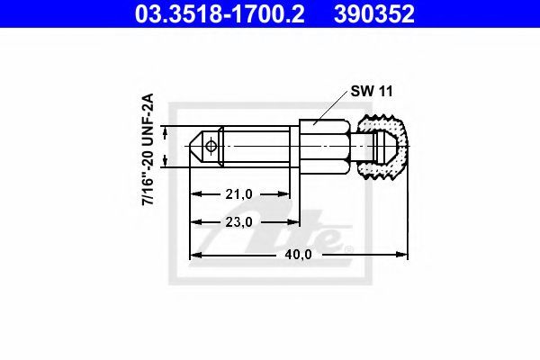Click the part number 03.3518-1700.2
click(220, 13)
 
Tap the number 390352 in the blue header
click(374, 13)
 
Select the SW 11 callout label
click(372, 91)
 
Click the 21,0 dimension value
click(239, 194)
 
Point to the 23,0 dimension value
click(239, 222)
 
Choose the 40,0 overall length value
click(298, 255)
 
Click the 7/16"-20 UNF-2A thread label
click(148, 149)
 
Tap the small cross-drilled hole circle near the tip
click(211, 146)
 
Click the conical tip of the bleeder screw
click(196, 147)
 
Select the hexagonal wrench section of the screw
click(325, 147)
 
